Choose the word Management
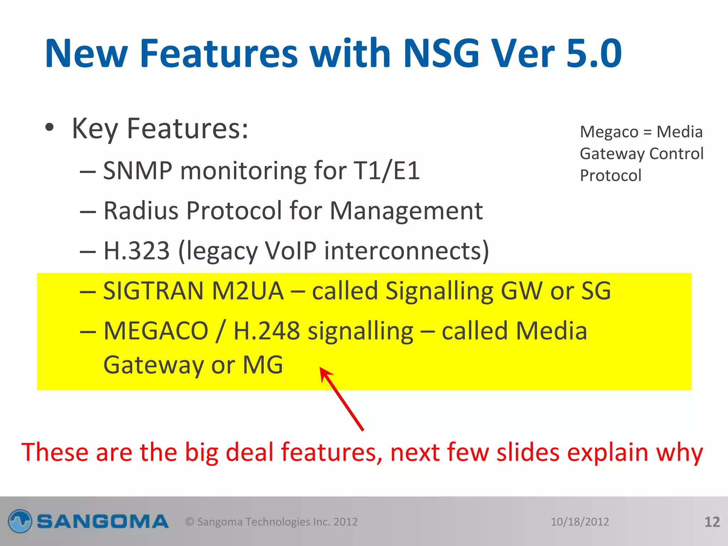[x=406, y=212]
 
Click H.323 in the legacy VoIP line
[x=136, y=251]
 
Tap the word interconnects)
[x=407, y=251]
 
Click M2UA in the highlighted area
[x=248, y=291]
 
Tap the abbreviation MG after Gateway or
[x=263, y=365]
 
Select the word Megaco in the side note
[x=609, y=132]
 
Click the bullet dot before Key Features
[x=50, y=128]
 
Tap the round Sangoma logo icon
[x=20, y=521]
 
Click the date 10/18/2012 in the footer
[x=580, y=522]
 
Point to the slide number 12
[x=712, y=522]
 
